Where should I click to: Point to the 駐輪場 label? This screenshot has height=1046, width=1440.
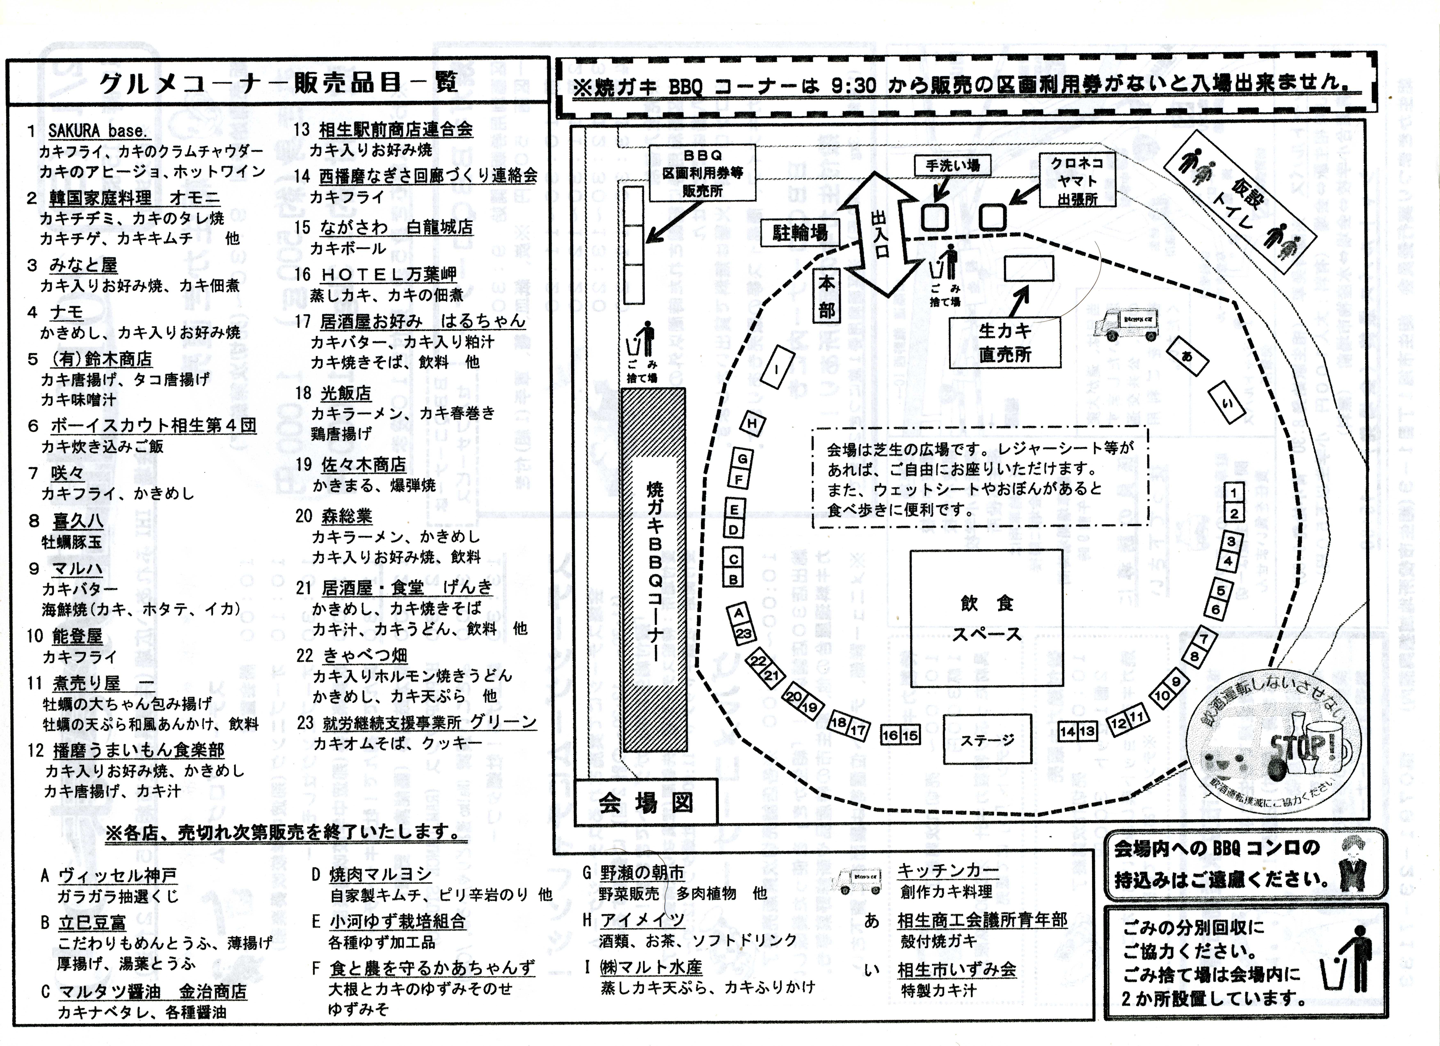(x=800, y=234)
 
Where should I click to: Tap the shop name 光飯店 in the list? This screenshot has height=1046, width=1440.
(x=346, y=394)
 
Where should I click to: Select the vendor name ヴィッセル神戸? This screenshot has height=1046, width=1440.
(x=118, y=876)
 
